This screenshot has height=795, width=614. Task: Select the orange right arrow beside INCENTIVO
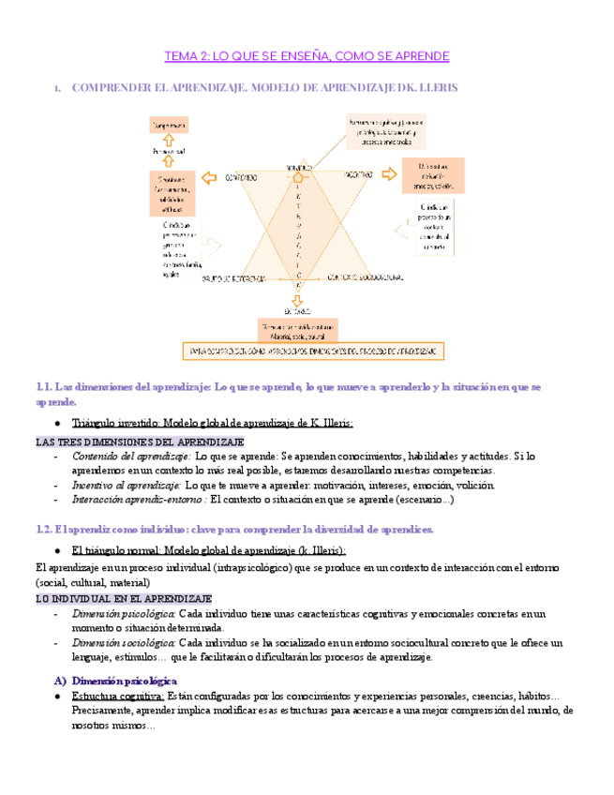pyautogui.click(x=387, y=175)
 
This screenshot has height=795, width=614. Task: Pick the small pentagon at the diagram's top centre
pyautogui.click(x=299, y=175)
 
